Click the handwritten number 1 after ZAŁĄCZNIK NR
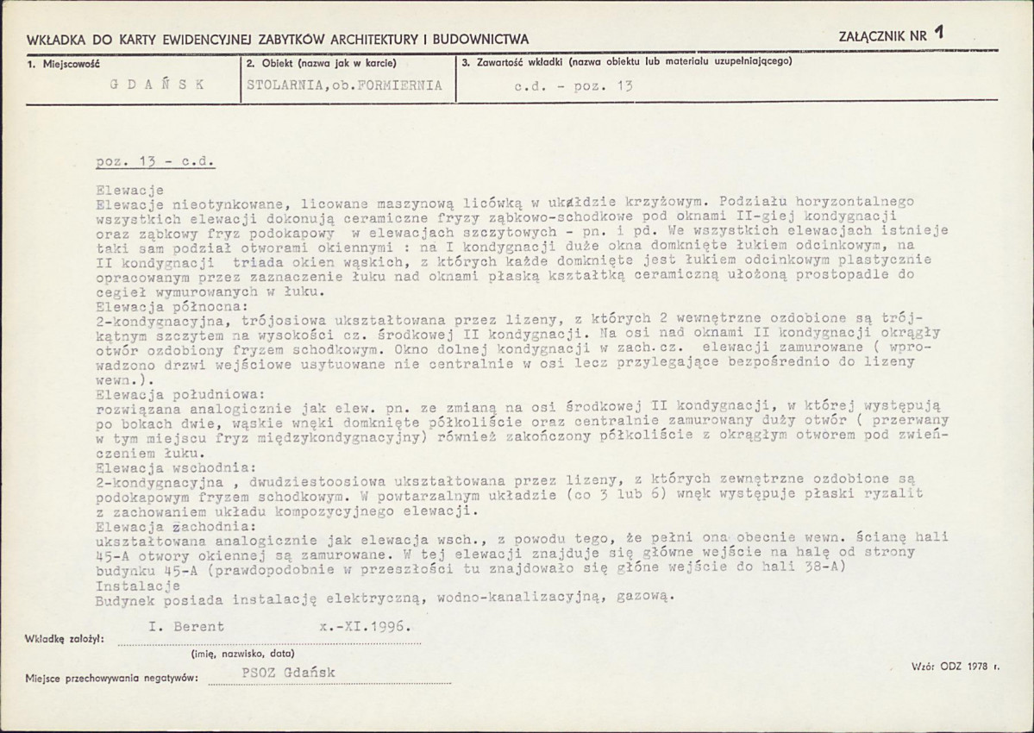pyautogui.click(x=938, y=34)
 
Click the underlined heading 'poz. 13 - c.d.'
pyautogui.click(x=155, y=162)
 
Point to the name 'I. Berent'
pyautogui.click(x=185, y=627)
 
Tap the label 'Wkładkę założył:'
pyautogui.click(x=65, y=639)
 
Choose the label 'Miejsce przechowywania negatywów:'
pyautogui.click(x=111, y=678)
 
